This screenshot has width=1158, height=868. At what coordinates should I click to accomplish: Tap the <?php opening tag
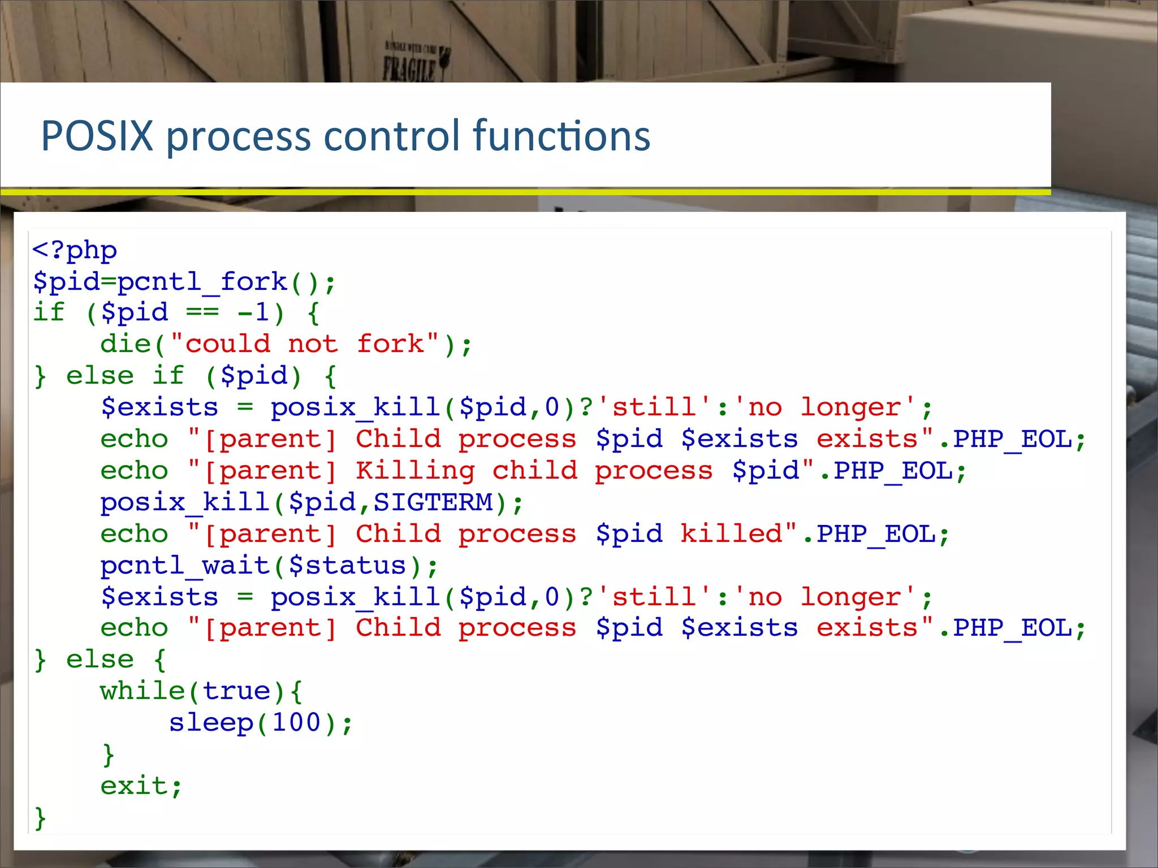(75, 250)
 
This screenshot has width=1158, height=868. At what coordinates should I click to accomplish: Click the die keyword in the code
(125, 344)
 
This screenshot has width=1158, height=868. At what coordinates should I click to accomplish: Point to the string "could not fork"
(305, 344)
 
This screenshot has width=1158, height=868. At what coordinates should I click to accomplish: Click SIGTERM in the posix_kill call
(433, 502)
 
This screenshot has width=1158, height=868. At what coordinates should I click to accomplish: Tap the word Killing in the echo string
(416, 471)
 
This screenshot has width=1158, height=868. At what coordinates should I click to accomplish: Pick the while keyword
(142, 691)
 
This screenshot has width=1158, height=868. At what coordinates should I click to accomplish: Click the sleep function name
(211, 723)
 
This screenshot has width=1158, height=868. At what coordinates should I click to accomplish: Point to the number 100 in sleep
(296, 723)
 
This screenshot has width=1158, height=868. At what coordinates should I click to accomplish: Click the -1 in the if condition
(253, 313)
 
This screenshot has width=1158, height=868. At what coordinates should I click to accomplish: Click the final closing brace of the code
(40, 818)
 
